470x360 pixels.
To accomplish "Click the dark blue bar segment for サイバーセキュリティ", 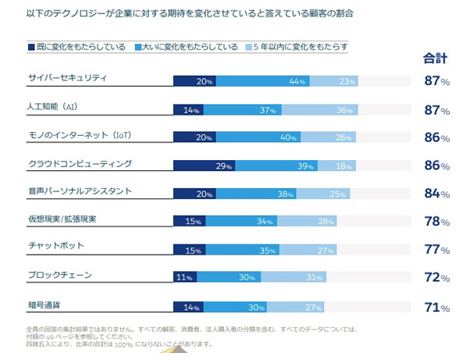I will (194, 81).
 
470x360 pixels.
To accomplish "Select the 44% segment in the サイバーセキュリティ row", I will (263, 81).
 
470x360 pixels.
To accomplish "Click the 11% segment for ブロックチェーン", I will (184, 277).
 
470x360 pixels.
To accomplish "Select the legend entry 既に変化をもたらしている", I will (75, 47).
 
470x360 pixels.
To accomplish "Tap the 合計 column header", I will (435, 57).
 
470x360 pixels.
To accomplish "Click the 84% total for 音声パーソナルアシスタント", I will (436, 193).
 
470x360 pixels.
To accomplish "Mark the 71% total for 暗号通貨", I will (436, 307).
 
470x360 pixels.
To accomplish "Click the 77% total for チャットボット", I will (436, 250).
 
